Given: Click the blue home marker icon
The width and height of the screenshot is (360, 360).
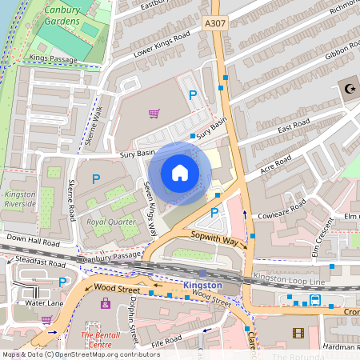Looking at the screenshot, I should [180, 173].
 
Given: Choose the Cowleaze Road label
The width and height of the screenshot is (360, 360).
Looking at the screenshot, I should [279, 210].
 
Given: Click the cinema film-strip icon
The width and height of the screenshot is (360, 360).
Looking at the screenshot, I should [298, 333].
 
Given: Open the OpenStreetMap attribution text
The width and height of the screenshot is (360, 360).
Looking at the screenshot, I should [80, 354].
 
